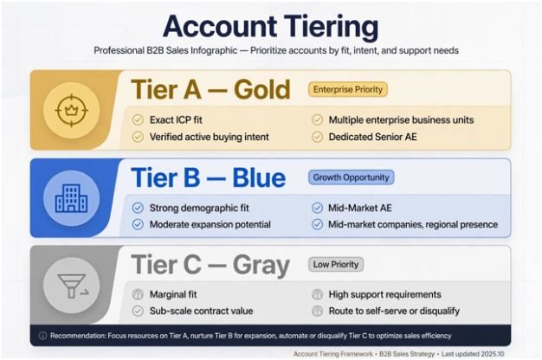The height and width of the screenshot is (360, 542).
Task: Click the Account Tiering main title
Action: coord(271,26)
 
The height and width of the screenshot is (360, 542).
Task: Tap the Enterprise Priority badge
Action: coord(348,89)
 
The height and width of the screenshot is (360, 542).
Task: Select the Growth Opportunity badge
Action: coord(351,177)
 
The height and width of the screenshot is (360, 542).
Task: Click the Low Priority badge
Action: coord(336,265)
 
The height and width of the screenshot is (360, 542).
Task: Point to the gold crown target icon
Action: coord(72,111)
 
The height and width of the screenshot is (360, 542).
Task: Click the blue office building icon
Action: coord(72,198)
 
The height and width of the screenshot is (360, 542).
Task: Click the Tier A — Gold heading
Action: coord(210,89)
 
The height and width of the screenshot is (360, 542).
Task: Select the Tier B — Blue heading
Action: coord(208,177)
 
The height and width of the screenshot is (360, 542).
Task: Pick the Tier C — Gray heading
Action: coord(210,265)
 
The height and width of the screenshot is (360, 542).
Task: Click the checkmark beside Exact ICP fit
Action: coord(138,120)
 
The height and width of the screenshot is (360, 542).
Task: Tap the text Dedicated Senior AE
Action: coord(372,137)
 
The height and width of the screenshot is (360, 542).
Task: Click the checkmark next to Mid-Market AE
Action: coord(317,208)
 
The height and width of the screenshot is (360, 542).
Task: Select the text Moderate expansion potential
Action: coord(210,225)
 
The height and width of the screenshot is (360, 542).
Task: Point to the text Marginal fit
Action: coord(173,294)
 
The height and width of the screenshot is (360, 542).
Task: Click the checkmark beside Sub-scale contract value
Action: coord(138,311)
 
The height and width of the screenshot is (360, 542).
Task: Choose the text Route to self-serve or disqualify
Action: coord(394,311)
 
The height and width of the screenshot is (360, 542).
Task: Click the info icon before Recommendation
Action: coord(43,336)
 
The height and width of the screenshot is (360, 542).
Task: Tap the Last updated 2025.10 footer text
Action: coord(473,354)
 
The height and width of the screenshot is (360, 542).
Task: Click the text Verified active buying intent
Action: coord(210,137)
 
